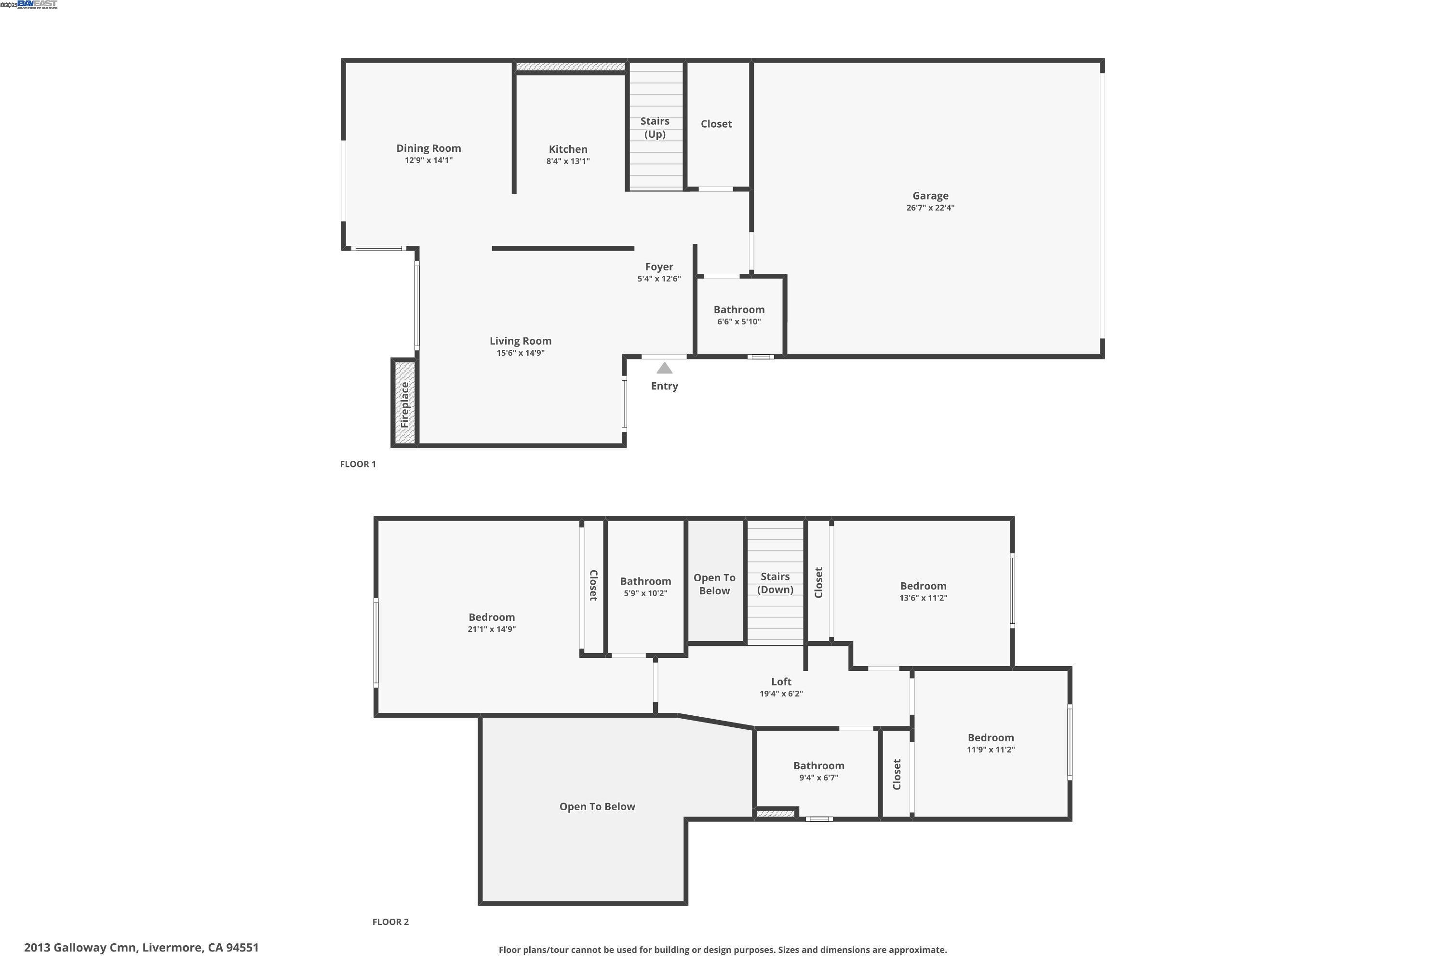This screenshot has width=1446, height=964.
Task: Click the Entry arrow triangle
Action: tap(664, 368)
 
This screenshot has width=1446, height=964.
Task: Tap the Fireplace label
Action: tap(404, 404)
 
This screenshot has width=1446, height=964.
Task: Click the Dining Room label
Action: tap(428, 148)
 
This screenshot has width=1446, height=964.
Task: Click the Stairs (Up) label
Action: tap(654, 127)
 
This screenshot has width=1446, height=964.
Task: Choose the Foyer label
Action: tap(658, 267)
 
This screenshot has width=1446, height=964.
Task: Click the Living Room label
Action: tap(520, 341)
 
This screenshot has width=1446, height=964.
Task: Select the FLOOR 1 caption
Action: tap(358, 464)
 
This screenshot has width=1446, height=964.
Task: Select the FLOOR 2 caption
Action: tap(390, 922)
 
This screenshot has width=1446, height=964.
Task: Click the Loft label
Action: tap(781, 682)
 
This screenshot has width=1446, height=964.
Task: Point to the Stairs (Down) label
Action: tap(775, 583)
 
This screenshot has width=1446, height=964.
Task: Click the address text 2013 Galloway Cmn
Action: tap(141, 948)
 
